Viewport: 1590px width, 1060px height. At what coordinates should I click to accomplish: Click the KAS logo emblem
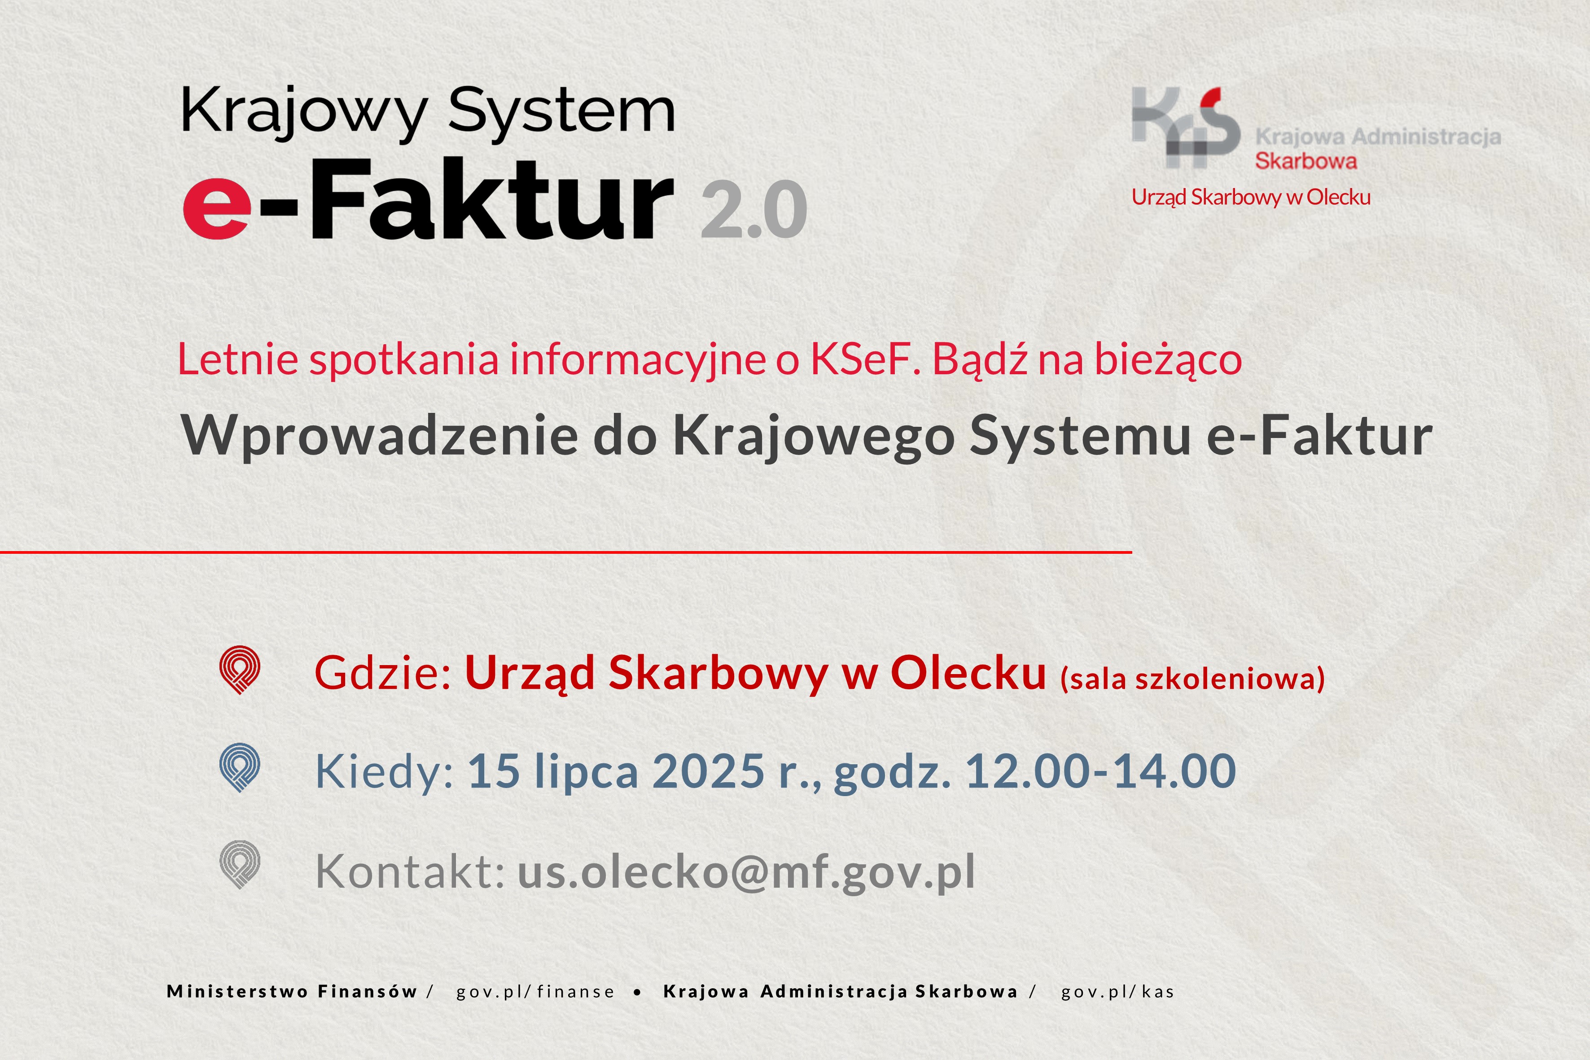pos(1186,127)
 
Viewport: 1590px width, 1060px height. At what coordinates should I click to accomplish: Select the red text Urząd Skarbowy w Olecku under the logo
pos(1251,197)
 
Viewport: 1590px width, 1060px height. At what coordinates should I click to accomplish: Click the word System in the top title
pos(561,112)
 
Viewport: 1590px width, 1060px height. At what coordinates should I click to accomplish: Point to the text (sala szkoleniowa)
pos(1192,678)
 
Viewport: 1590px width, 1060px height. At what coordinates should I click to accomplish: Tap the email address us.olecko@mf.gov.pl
pos(746,872)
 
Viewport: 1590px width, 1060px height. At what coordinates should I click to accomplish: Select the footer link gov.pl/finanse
pos(535,992)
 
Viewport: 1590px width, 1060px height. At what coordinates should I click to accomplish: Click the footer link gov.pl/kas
pos(1117,992)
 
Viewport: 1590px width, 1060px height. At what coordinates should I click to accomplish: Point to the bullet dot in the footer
pos(638,992)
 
